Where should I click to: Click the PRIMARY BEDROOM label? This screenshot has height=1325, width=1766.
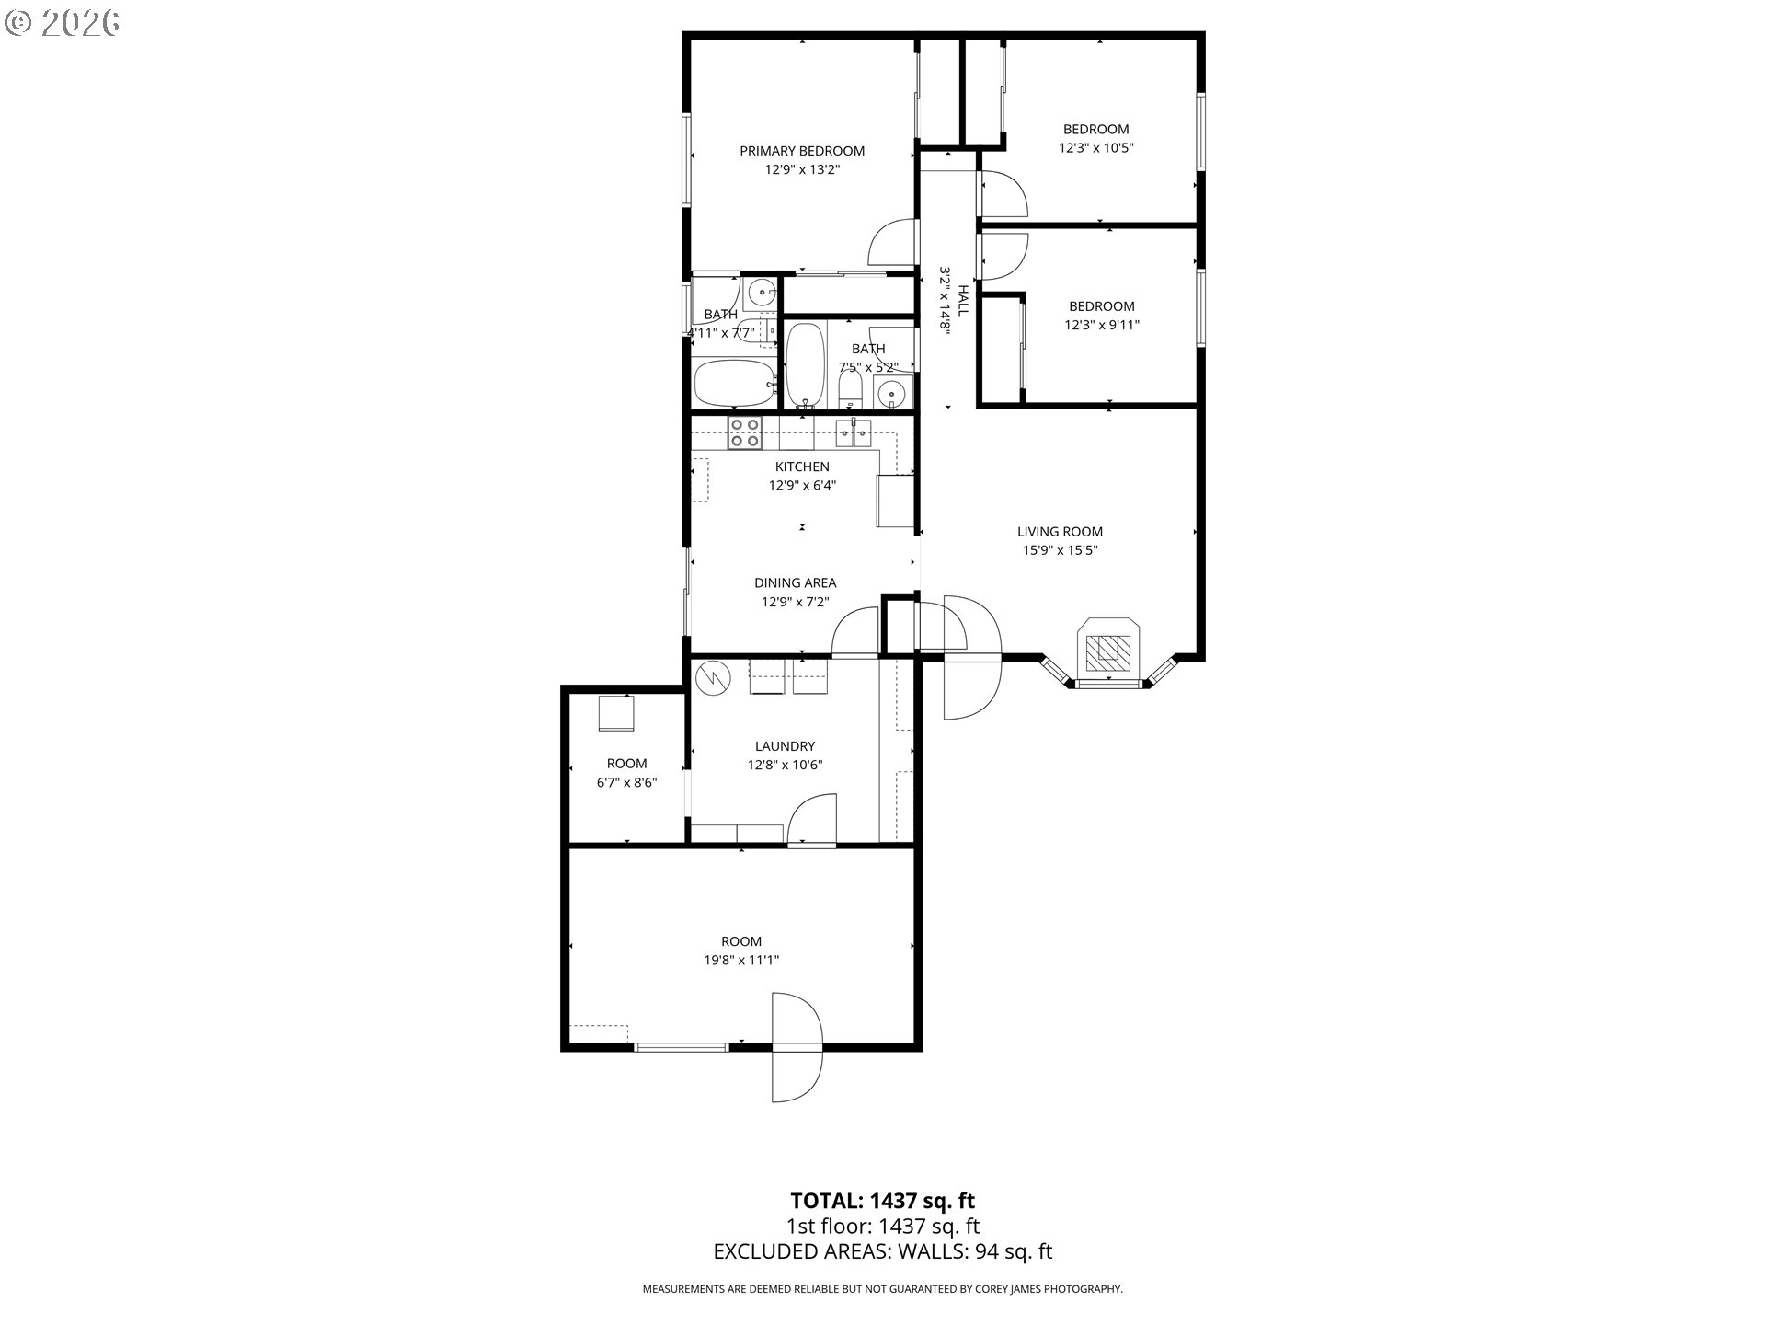(802, 151)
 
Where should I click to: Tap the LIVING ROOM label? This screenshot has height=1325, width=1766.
(1060, 532)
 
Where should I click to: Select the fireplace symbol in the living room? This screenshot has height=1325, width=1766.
(1108, 649)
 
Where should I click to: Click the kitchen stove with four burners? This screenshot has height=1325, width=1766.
(744, 432)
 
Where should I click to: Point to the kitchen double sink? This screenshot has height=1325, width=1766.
(854, 432)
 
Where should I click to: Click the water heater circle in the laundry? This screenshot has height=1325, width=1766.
(712, 678)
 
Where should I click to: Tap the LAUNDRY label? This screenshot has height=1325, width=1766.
(785, 746)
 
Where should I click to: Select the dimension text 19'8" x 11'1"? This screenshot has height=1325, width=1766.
(741, 960)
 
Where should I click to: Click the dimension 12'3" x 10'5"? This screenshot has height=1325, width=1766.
(1096, 147)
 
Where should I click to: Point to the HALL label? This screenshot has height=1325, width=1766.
(963, 300)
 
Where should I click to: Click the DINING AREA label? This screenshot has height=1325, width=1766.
(796, 582)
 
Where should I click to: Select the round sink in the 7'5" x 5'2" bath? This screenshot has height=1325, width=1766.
(890, 396)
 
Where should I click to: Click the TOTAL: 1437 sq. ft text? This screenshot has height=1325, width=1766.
(883, 1201)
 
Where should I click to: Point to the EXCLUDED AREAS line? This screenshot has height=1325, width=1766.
(883, 1251)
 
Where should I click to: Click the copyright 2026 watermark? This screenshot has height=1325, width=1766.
(62, 23)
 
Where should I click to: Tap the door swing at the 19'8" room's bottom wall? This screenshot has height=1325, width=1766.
(797, 1047)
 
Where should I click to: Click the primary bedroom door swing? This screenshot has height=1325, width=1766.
(892, 243)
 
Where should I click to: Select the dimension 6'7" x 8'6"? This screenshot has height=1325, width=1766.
(627, 783)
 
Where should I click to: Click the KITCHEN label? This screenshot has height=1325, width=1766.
(802, 467)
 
